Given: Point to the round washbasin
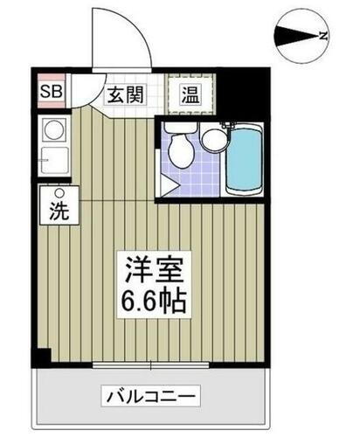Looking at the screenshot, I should [x=212, y=139].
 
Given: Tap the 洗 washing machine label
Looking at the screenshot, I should [x=60, y=211].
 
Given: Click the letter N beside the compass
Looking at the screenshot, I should [x=322, y=36].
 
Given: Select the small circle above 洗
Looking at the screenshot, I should [x=60, y=193].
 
